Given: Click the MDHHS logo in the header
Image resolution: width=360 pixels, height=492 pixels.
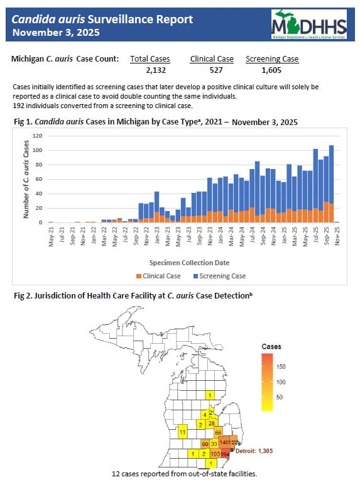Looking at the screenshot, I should click(308, 25).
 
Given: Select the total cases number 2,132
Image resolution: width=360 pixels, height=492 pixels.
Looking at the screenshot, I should click(155, 70).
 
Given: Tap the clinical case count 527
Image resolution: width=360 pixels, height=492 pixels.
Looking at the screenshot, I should click(212, 70).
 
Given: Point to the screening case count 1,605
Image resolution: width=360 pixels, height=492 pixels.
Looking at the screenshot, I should click(272, 70).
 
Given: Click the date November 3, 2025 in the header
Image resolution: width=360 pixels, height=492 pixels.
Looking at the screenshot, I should click(55, 32).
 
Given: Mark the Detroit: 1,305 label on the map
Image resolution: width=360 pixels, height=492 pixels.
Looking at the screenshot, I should click(257, 451).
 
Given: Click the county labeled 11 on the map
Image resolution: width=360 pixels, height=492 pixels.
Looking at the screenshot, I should click(182, 433).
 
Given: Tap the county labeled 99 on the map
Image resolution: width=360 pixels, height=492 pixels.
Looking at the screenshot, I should click(205, 444).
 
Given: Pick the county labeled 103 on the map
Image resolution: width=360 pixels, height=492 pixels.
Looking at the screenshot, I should click(215, 453).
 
